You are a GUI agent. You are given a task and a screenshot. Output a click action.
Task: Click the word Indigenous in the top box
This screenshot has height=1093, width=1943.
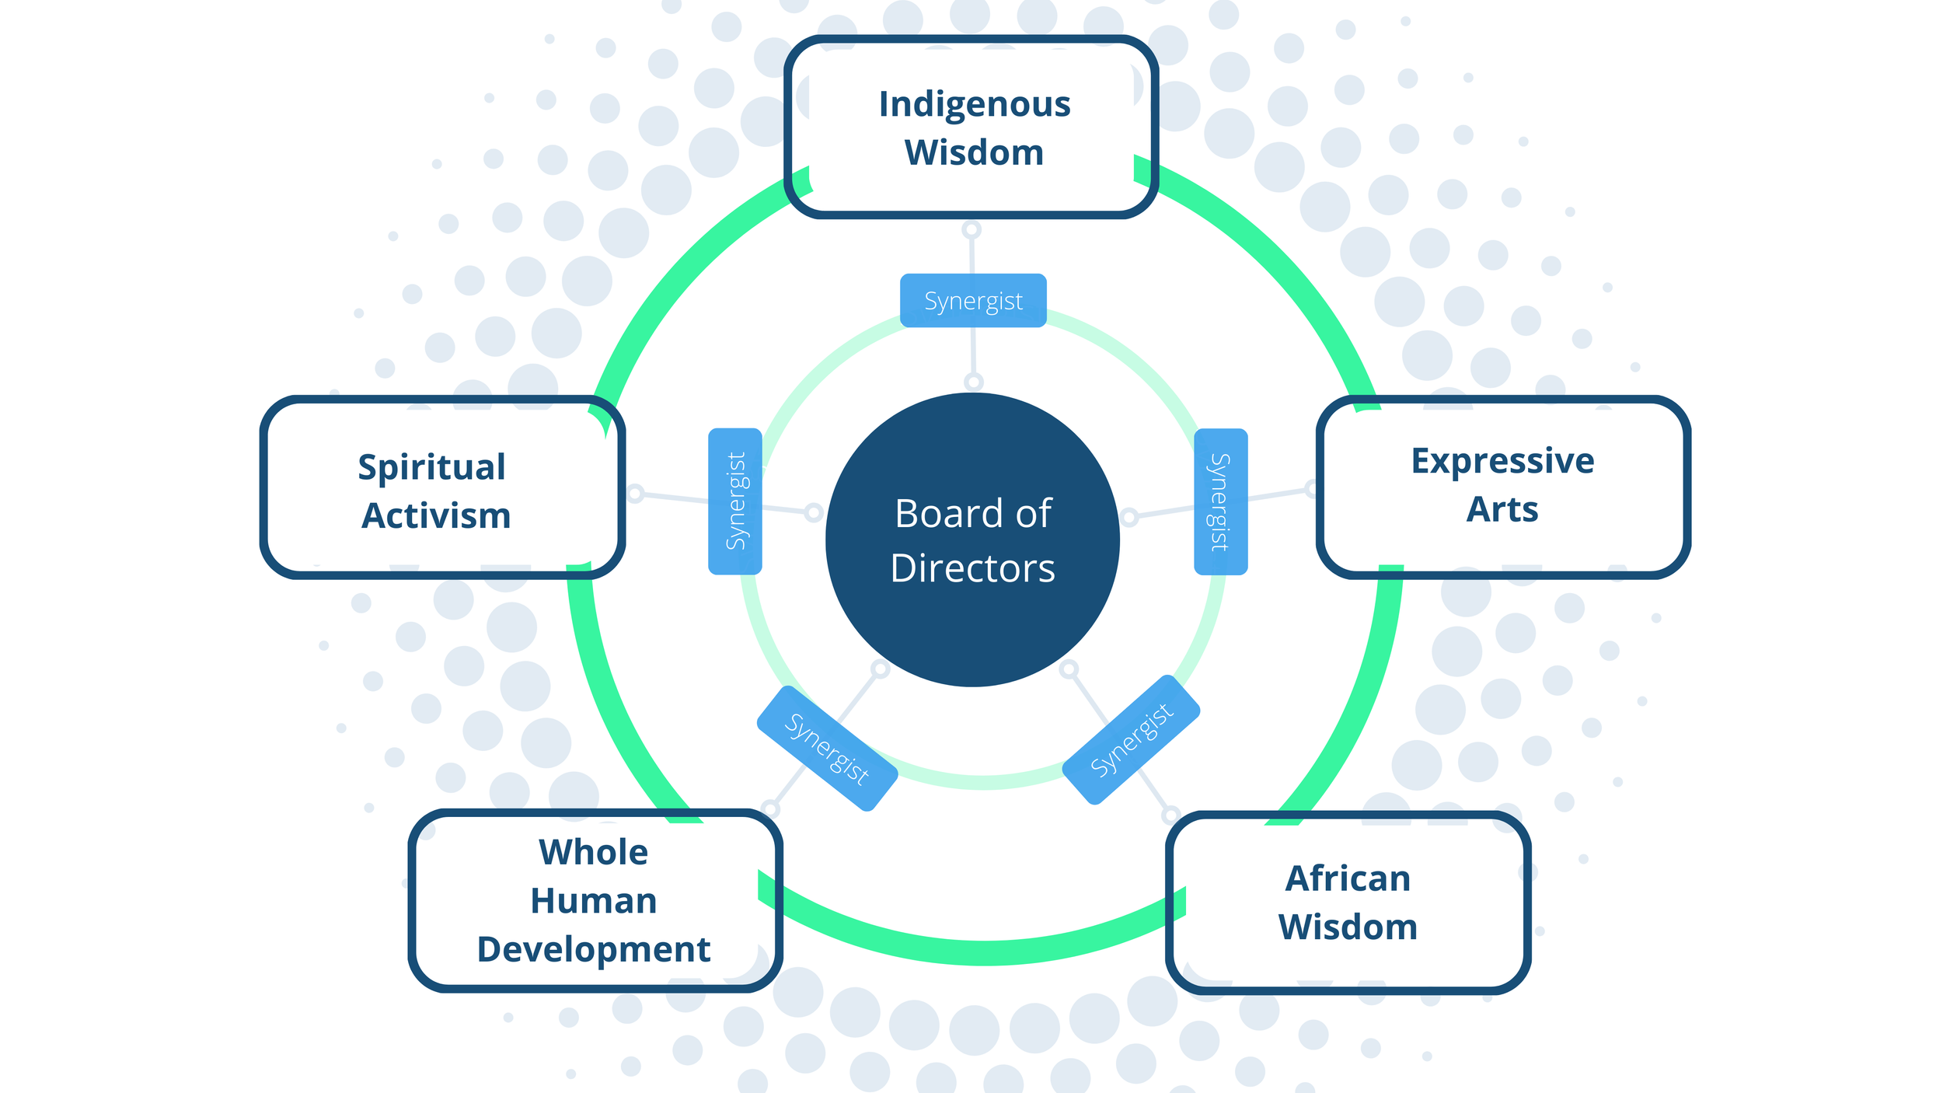click(974, 104)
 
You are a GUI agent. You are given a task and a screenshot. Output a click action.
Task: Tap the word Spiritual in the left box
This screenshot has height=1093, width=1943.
click(431, 468)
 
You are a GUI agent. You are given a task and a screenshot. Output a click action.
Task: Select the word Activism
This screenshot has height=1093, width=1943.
click(436, 516)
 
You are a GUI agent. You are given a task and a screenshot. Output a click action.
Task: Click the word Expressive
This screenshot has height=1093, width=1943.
click(1502, 461)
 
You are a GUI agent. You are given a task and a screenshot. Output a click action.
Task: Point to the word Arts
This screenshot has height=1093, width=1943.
click(1502, 510)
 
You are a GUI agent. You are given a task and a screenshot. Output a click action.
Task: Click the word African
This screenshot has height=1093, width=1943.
click(1348, 879)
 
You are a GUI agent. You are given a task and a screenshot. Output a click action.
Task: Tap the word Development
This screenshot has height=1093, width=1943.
click(594, 950)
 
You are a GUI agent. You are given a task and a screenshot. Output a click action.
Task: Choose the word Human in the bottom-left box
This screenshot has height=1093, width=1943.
click(594, 901)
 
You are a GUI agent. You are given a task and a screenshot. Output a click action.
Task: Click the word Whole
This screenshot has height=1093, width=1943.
click(594, 853)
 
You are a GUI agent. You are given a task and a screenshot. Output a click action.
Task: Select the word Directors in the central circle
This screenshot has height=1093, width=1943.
click(973, 568)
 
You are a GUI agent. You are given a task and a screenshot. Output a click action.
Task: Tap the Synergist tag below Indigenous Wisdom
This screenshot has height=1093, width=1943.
click(973, 301)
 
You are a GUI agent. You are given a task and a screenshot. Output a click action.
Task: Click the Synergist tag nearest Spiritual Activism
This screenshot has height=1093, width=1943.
click(735, 501)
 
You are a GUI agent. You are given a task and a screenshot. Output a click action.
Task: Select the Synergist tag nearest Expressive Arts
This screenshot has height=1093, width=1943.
click(1220, 501)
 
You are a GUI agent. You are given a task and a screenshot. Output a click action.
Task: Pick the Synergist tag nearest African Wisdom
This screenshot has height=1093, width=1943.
click(1131, 740)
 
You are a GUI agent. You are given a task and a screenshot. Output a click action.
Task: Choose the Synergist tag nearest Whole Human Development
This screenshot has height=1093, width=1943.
click(827, 749)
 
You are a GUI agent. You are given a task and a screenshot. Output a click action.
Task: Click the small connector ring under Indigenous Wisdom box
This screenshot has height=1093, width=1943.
click(971, 230)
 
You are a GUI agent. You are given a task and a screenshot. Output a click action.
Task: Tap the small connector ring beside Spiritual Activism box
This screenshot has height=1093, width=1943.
click(635, 493)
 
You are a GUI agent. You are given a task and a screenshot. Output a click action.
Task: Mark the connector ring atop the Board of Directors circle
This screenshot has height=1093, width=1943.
click(974, 382)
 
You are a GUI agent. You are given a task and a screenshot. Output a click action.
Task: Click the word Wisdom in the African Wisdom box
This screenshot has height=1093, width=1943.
click(1348, 927)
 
